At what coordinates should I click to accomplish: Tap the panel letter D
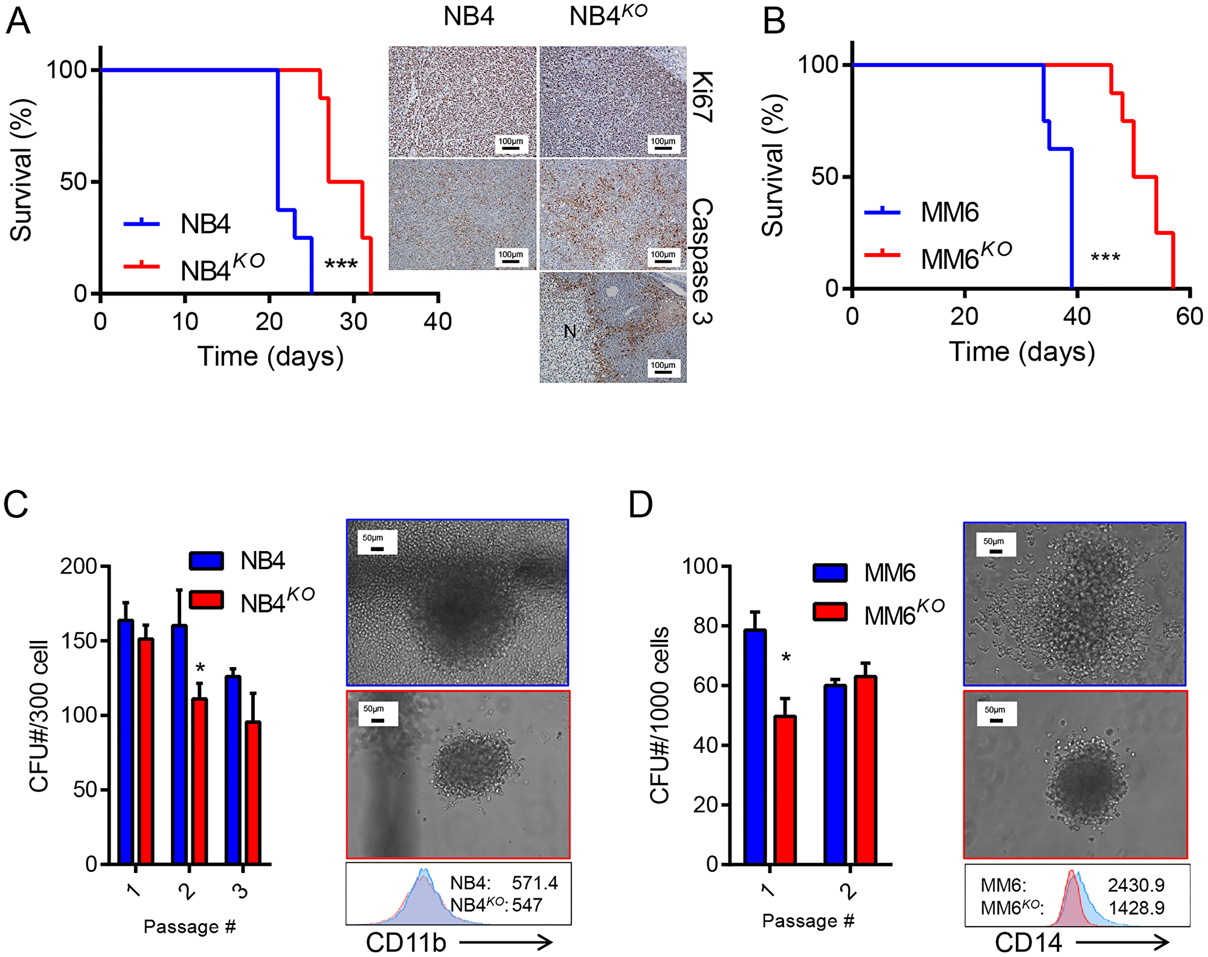(x=641, y=504)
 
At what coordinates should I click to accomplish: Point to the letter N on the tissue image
(x=570, y=331)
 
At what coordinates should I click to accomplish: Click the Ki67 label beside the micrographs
(x=702, y=97)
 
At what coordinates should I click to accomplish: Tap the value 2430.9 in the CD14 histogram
(x=1136, y=885)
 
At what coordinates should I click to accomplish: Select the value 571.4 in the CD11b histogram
(x=535, y=883)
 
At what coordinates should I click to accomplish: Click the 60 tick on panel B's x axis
(x=1189, y=317)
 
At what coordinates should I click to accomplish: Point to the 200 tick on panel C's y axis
(x=79, y=566)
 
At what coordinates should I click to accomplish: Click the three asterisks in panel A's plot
(x=341, y=265)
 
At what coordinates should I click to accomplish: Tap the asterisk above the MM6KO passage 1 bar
(x=786, y=658)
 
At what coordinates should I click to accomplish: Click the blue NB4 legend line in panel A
(x=141, y=224)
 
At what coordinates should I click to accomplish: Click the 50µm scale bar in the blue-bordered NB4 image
(x=377, y=549)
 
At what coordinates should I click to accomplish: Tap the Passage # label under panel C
(x=189, y=926)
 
